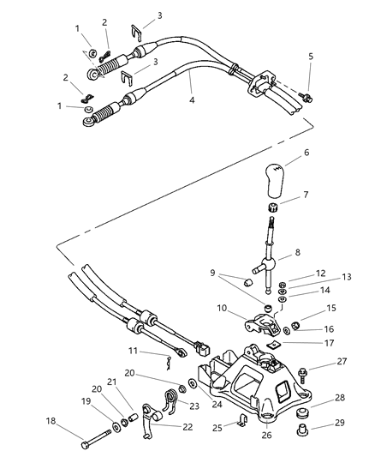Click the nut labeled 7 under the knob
[x=273, y=208]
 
